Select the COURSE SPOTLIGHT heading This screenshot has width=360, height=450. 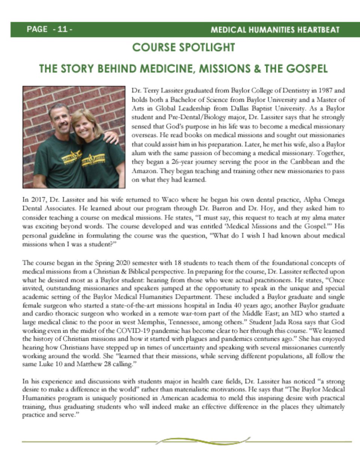(184, 48)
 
